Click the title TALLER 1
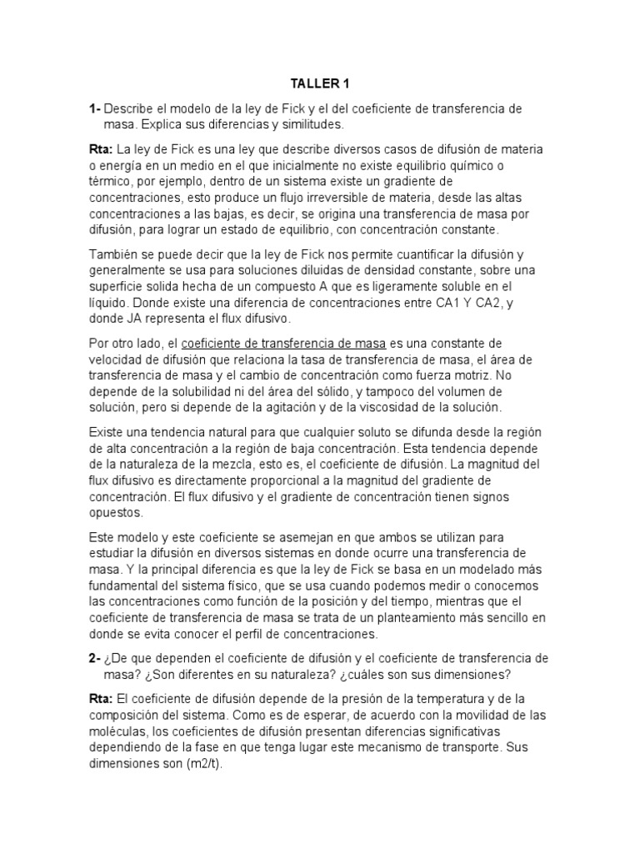(x=319, y=83)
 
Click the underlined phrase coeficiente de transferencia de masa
(x=283, y=343)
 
